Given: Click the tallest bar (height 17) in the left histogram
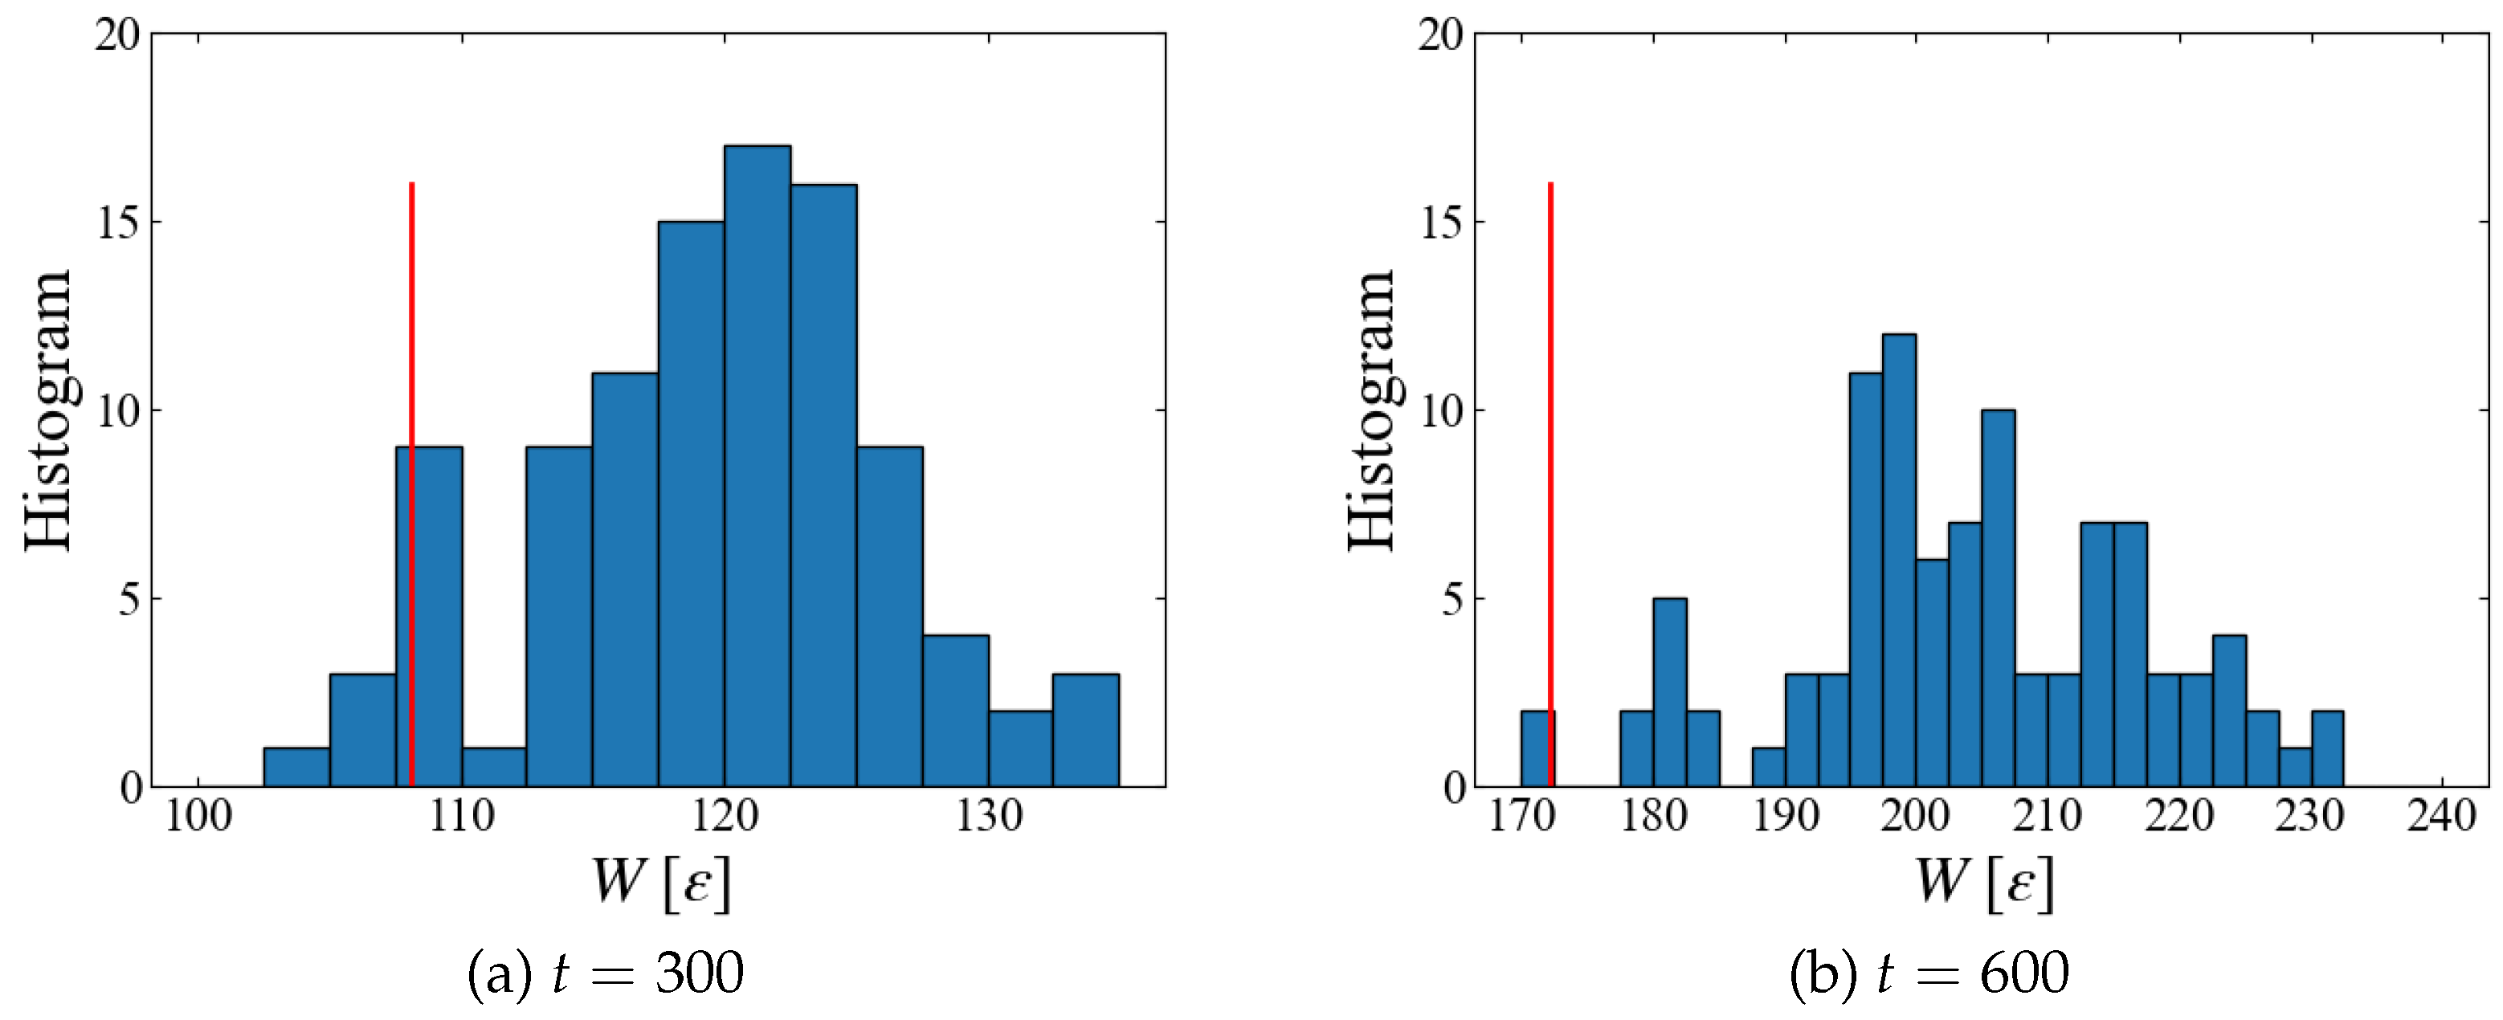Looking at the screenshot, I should [757, 467].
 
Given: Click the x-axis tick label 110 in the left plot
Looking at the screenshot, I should [462, 816].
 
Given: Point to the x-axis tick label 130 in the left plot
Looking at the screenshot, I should [989, 816].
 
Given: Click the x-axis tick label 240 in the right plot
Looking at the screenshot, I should [2441, 816].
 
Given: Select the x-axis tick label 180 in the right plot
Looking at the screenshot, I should [1653, 816].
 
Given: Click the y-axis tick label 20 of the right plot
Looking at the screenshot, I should [1441, 35].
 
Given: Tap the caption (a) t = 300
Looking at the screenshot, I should [606, 973].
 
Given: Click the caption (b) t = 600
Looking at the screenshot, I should [1929, 973].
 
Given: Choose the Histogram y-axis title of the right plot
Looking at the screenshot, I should [1372, 410].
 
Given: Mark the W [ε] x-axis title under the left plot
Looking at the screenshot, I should [661, 882].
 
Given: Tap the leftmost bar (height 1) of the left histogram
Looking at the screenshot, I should [296, 768].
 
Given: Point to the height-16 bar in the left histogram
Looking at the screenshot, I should [823, 486].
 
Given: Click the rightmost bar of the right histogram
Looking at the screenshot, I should [2327, 749].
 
